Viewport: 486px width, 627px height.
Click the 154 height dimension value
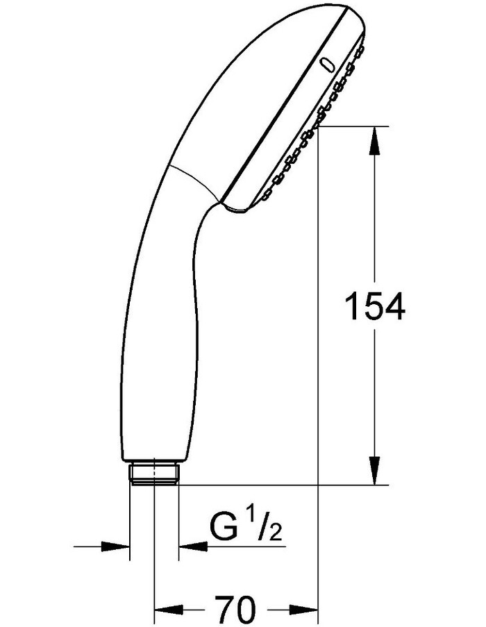[374, 306]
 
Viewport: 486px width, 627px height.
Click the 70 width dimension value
[235, 610]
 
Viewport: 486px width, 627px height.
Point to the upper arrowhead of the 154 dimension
[374, 140]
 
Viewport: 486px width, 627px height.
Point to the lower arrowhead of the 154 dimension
[374, 471]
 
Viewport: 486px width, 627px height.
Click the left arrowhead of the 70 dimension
[169, 610]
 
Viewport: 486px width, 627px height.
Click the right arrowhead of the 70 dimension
[304, 610]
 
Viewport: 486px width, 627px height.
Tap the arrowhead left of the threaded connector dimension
[116, 546]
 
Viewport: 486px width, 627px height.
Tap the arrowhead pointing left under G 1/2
[193, 546]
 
